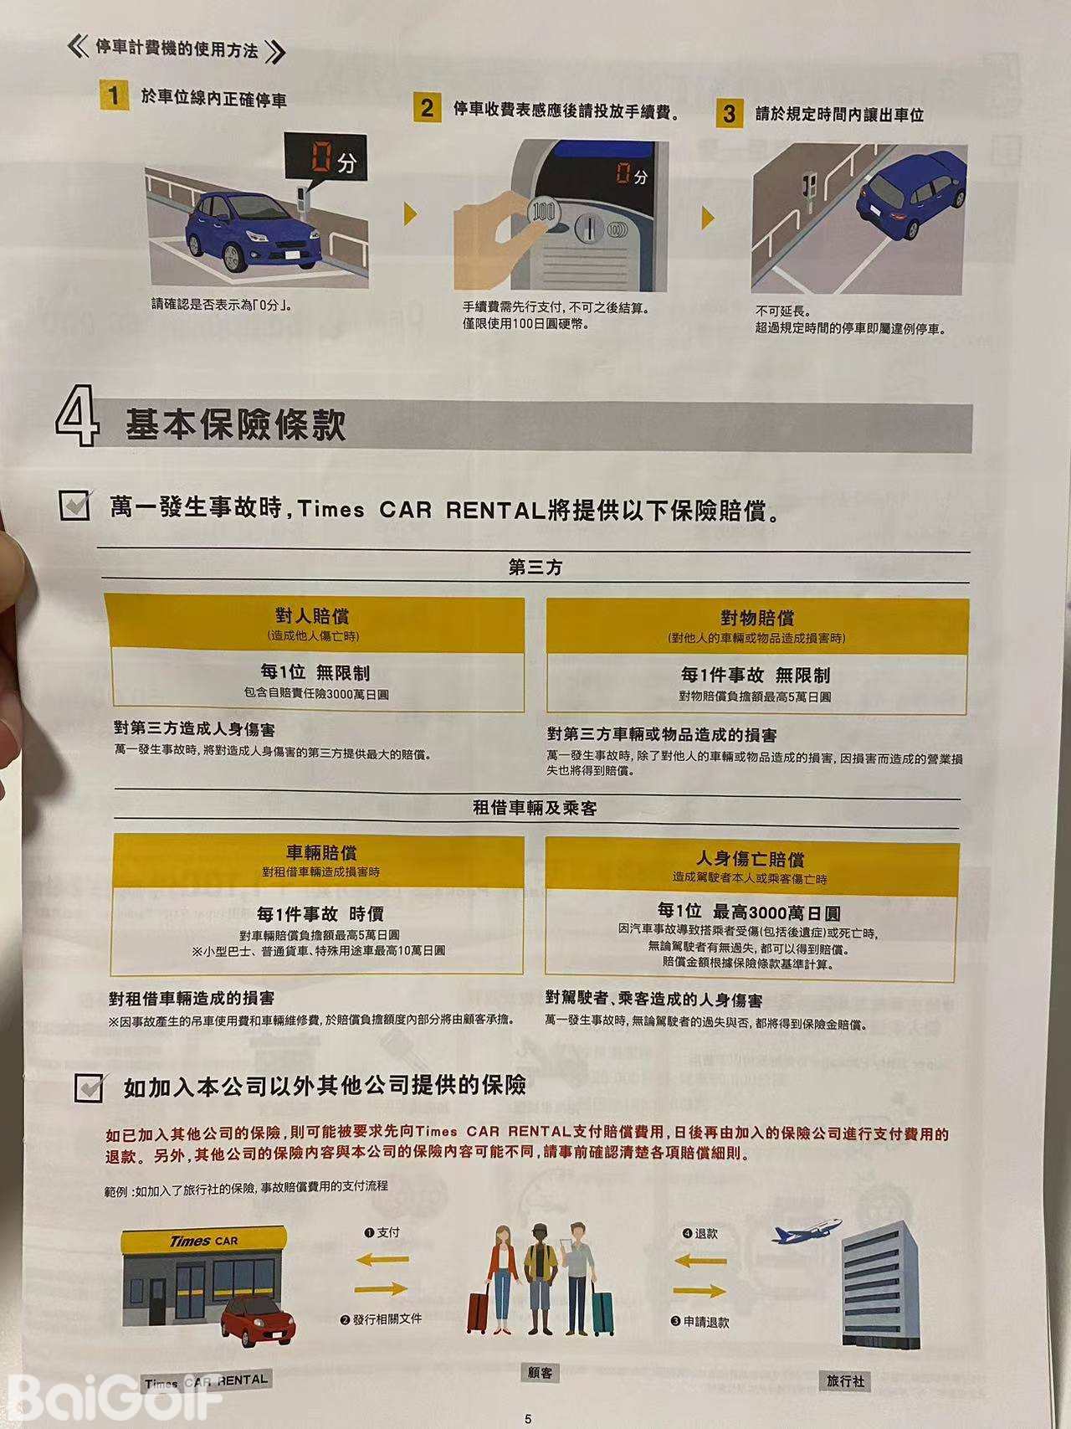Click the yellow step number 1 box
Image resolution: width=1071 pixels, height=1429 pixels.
[113, 95]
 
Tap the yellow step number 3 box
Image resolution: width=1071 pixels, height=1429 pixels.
[730, 113]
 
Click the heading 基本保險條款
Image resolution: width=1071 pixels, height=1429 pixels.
[235, 424]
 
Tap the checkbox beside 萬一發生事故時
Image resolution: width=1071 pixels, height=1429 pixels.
[75, 505]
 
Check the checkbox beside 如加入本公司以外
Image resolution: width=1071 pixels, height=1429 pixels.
[90, 1087]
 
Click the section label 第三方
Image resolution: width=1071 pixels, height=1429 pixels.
[535, 568]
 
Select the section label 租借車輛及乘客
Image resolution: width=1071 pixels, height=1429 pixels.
[535, 808]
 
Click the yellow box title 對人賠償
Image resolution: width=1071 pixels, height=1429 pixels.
[312, 616]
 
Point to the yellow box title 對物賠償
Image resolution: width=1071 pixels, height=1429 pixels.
[757, 618]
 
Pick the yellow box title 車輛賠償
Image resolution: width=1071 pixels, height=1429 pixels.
[321, 852]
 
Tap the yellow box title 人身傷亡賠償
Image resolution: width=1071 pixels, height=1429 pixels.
[751, 860]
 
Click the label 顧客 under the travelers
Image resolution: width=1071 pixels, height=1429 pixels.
[540, 1372]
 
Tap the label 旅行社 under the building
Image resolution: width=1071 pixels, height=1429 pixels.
[845, 1380]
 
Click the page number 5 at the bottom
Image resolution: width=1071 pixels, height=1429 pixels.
[528, 1418]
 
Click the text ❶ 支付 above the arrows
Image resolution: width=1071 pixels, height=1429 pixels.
[382, 1232]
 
